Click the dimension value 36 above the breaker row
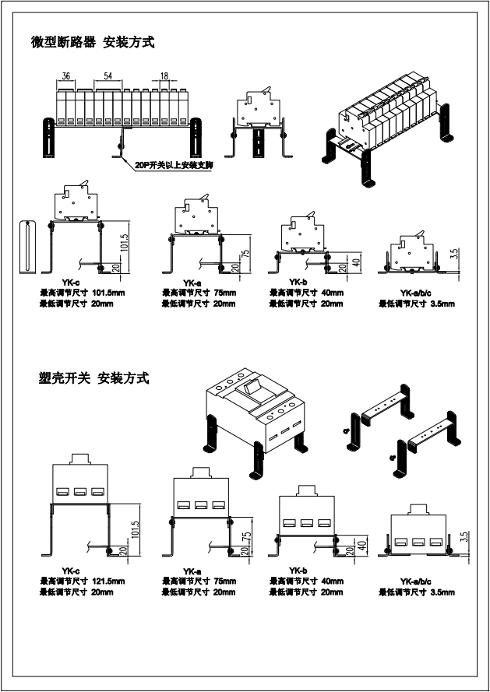point(67,76)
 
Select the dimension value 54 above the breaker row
point(108,76)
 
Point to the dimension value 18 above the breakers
point(164,76)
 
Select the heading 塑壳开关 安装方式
point(93,379)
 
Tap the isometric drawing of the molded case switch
point(256,416)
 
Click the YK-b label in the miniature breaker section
point(297,283)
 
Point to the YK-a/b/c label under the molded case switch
point(416,581)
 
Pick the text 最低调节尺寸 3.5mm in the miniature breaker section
point(416,304)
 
